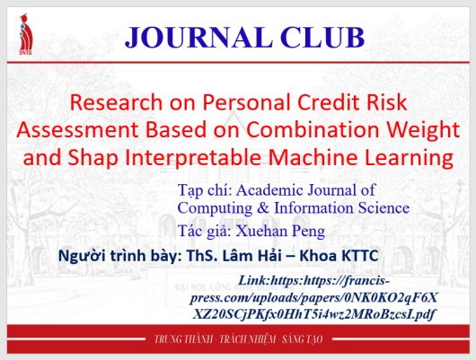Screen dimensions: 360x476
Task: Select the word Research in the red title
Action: [x=117, y=102]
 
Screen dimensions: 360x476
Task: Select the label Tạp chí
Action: [x=205, y=190]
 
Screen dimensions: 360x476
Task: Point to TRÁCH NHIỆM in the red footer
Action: [x=253, y=341]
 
